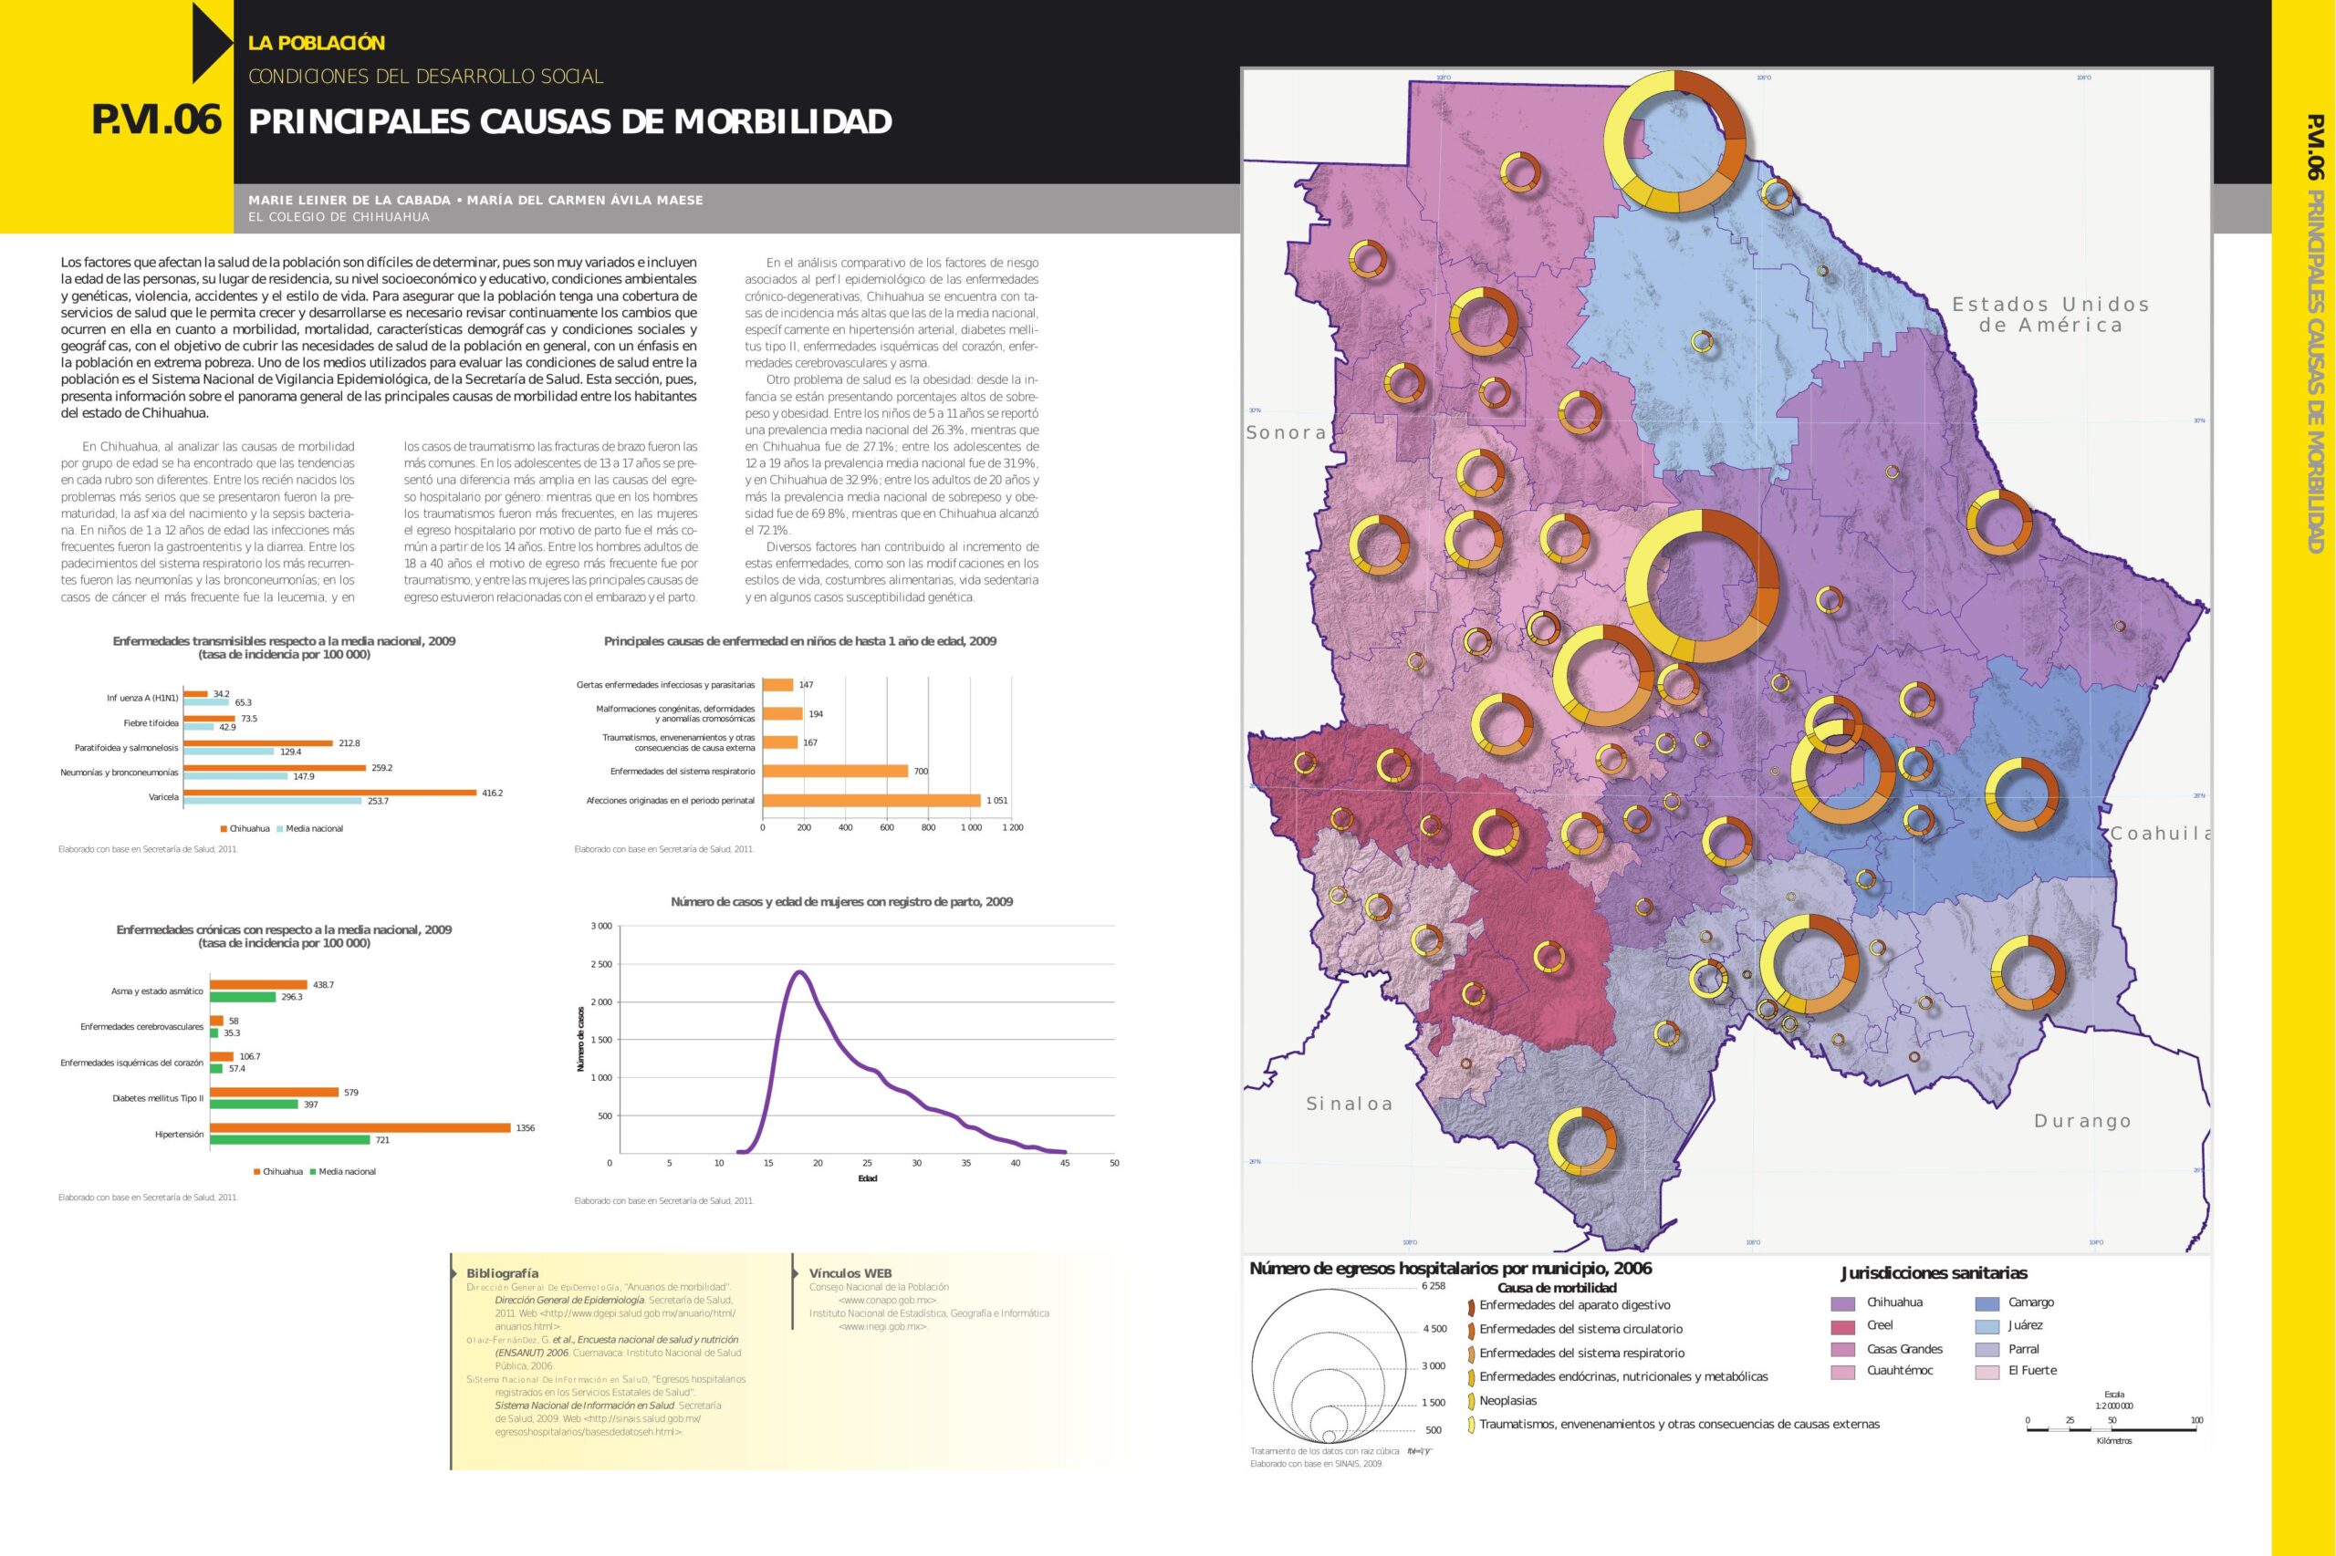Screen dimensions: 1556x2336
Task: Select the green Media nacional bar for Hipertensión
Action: (290, 1140)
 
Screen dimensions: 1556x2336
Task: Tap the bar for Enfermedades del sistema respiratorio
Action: (835, 771)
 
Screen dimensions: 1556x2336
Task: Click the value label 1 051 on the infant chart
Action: (996, 800)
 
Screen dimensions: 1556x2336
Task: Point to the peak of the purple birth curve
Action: (798, 971)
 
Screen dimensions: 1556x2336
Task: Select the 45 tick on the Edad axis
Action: (1064, 1163)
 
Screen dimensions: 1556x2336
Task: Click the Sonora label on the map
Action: (1286, 432)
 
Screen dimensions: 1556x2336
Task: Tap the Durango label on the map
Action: (2081, 1121)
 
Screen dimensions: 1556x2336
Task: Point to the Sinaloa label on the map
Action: (1348, 1104)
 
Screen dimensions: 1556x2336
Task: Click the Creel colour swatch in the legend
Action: (1842, 1327)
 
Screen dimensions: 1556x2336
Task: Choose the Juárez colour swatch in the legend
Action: (1987, 1327)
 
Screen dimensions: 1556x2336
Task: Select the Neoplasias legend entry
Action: (1507, 1401)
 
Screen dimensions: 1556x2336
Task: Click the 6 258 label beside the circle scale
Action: (1434, 1286)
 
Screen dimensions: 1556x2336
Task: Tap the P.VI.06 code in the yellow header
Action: (157, 121)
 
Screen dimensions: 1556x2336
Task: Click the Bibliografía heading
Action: (503, 1273)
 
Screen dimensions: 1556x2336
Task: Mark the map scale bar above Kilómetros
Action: (2112, 1430)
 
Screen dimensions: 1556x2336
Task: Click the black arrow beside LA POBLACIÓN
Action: (211, 43)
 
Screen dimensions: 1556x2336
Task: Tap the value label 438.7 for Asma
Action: (324, 984)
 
